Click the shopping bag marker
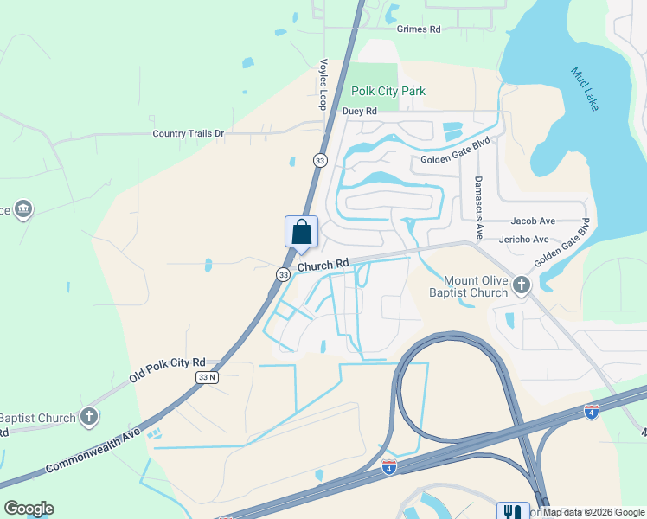pos(301,232)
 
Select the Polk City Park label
pos(388,91)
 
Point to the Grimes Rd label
pos(419,29)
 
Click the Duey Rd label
pos(360,111)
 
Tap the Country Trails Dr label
pos(188,133)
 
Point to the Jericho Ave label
pos(524,239)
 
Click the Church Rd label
pos(323,264)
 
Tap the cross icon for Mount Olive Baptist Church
pos(521,285)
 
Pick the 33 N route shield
pos(208,377)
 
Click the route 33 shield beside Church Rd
pos(284,274)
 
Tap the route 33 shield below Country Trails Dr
pos(320,160)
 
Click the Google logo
pos(29,509)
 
